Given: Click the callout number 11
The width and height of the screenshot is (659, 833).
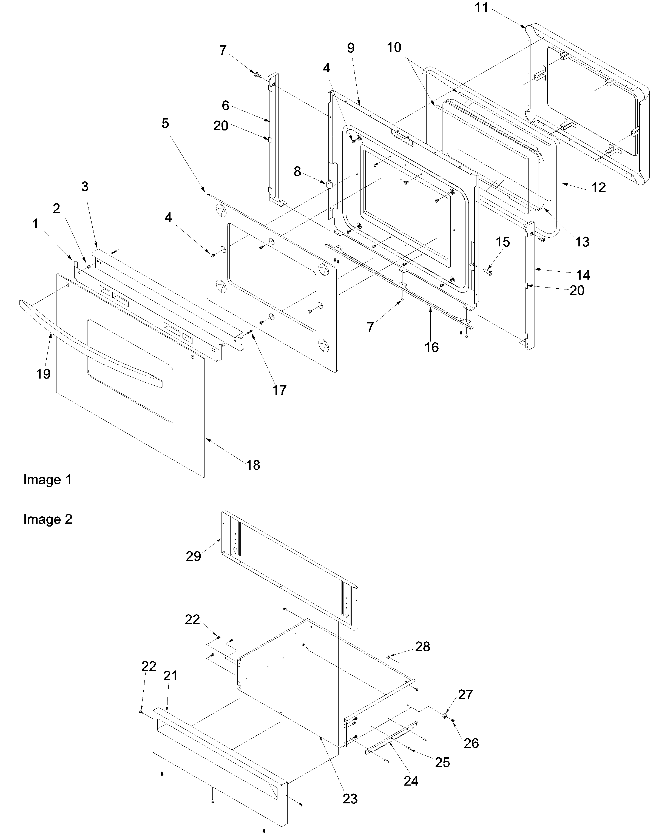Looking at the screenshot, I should point(481,8).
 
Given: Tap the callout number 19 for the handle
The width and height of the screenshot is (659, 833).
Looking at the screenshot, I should point(43,374).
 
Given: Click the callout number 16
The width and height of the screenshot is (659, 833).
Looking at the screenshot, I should point(431,347).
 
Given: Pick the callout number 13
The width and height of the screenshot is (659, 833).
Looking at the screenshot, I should point(582,242).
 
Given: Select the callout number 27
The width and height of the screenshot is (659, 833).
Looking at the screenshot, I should point(465,695).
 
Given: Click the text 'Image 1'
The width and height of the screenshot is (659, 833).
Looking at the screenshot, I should point(47,480).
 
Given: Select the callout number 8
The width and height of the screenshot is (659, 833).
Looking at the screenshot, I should point(297,172).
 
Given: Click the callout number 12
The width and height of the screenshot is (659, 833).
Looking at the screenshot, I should point(598,187).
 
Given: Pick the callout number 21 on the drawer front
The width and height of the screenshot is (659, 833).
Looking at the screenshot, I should point(170,676).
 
